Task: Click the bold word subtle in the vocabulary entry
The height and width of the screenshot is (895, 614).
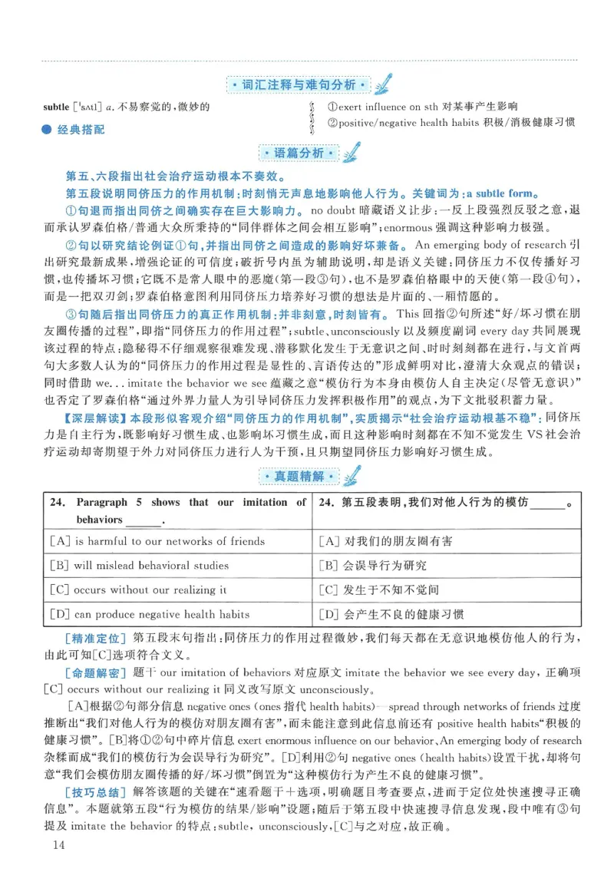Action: (x=56, y=106)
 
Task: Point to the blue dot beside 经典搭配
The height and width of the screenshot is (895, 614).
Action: (x=48, y=129)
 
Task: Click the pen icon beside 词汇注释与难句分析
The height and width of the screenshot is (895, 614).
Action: (x=384, y=82)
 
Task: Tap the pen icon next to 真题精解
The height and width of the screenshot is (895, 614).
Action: (x=351, y=476)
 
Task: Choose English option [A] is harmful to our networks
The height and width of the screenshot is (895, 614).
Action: (x=157, y=541)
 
